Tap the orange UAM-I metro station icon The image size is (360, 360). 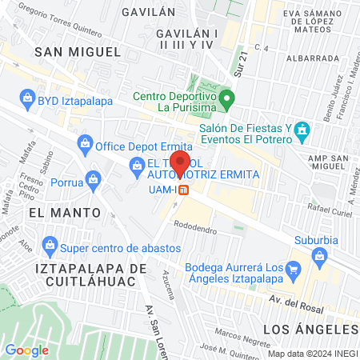183,190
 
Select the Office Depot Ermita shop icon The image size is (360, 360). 84,146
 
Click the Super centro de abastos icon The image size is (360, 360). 50,242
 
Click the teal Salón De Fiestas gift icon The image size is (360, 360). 302,129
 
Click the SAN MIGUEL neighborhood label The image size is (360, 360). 78,51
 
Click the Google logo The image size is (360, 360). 26,350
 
